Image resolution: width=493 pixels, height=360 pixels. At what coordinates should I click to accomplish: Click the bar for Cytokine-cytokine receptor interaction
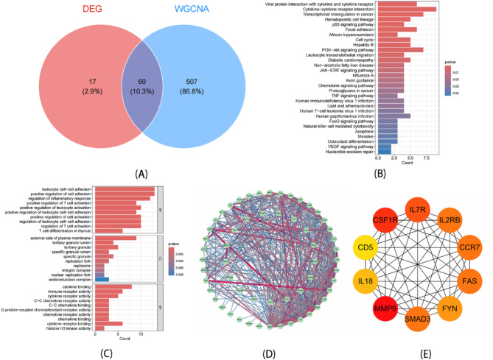click(405, 9)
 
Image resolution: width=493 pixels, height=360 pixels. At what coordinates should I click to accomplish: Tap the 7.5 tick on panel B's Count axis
click(426, 158)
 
